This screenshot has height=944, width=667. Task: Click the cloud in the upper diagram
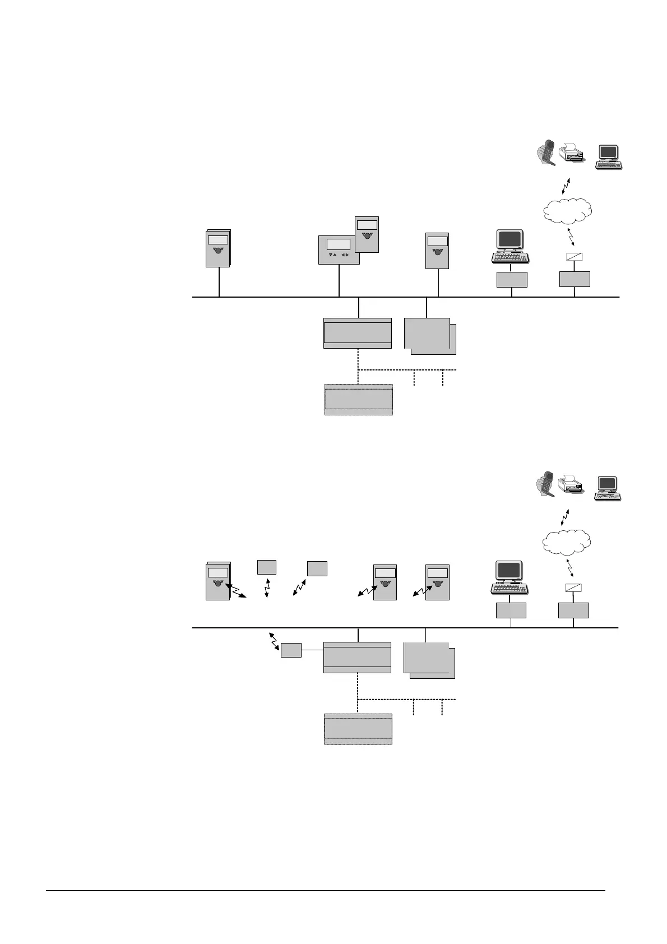pos(567,211)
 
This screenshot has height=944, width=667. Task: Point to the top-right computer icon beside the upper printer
pos(609,157)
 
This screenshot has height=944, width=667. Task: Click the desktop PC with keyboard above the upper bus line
pos(509,246)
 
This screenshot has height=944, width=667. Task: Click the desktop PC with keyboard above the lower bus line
pos(508,577)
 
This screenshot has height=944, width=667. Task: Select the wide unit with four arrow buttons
pos(339,249)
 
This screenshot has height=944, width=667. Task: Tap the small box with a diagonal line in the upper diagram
pos(575,258)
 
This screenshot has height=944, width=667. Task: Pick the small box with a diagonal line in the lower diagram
pos(573,588)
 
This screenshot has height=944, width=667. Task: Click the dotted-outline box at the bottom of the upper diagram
pos(359,400)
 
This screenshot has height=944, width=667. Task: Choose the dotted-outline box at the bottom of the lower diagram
pos(358,729)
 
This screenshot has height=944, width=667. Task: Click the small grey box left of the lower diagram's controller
pos(291,650)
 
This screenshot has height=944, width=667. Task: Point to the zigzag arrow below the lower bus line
pos(275,641)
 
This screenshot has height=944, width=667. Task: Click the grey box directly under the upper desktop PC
pos(512,280)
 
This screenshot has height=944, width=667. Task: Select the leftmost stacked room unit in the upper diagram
pos(218,248)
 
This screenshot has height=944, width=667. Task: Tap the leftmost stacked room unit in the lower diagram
pos(218,581)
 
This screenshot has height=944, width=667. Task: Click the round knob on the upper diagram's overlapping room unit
pos(367,236)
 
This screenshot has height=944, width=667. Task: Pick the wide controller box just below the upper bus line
pos(358,333)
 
